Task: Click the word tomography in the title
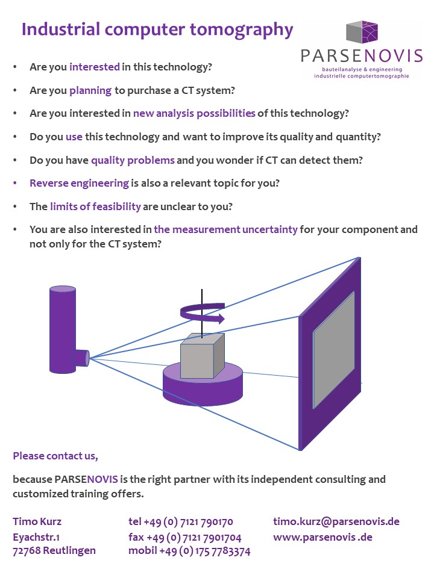[x=241, y=30]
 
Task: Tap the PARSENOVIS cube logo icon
[x=362, y=32]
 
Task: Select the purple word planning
[x=90, y=91]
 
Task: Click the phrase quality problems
[x=133, y=160]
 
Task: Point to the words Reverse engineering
[x=80, y=184]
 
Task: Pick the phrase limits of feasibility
[x=96, y=207]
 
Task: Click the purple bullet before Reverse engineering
[x=14, y=183]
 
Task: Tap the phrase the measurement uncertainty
[x=226, y=229]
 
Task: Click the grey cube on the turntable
[x=203, y=356]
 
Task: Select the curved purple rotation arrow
[x=202, y=312]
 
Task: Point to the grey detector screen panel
[x=333, y=350]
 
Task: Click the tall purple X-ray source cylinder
[x=63, y=330]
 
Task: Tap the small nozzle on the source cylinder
[x=82, y=358]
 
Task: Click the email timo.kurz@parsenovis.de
[x=336, y=522]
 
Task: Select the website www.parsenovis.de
[x=323, y=538]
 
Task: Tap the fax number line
[x=185, y=538]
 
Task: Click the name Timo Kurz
[x=37, y=521]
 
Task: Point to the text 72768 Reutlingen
[x=54, y=551]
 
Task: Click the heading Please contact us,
[x=55, y=456]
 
